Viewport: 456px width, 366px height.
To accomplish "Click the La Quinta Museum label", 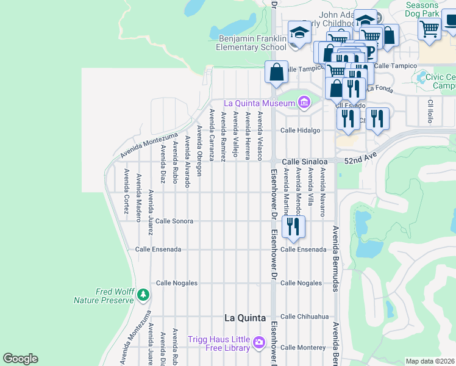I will (260, 103).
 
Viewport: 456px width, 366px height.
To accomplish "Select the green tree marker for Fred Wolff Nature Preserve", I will (143, 295).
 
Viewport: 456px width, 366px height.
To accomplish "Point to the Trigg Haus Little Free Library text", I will (220, 343).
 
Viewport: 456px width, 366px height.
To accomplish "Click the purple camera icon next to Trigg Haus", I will (259, 343).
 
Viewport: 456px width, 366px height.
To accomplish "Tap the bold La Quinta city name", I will (244, 318).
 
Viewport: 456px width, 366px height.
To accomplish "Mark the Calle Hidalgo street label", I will (300, 131).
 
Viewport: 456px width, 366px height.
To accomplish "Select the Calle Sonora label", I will (174, 221).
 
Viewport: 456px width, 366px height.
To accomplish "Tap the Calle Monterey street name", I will (303, 347).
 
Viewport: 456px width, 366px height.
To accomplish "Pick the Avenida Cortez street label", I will (126, 191).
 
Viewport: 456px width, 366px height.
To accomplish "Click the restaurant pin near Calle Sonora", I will (294, 226).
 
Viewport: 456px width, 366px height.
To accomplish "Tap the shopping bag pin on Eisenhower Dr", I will (276, 71).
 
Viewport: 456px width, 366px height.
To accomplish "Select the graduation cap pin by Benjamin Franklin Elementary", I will (300, 34).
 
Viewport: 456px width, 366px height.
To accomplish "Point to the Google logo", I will (21, 359).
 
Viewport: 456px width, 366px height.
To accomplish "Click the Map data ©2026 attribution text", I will (430, 361).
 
